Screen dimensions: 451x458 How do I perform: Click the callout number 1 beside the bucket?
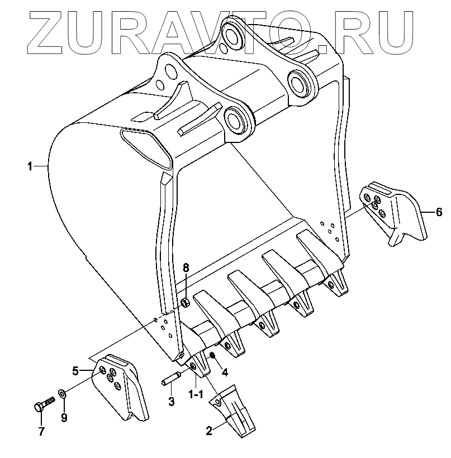(x=30, y=166)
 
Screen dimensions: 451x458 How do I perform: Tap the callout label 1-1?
(x=195, y=394)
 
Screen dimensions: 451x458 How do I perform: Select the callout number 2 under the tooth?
(x=209, y=431)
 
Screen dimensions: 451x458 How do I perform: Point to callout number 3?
(x=172, y=401)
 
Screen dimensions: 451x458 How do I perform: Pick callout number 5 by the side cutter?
(x=75, y=370)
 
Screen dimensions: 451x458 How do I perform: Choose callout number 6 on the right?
(x=439, y=212)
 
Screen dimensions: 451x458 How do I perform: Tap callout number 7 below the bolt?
(x=40, y=431)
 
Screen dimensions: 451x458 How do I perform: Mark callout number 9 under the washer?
(x=64, y=417)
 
